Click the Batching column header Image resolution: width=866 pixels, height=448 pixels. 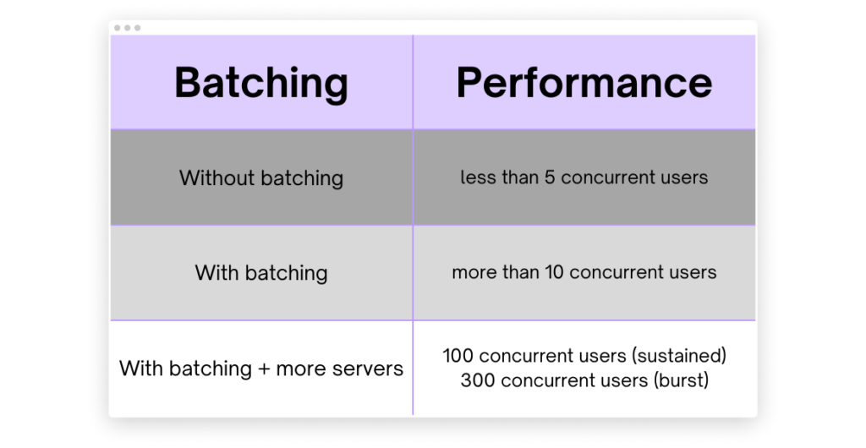pos(261,83)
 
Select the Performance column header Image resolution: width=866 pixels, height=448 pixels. pos(584,82)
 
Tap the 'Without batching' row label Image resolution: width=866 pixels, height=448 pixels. pos(261,178)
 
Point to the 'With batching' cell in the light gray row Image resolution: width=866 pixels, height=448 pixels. pos(261,273)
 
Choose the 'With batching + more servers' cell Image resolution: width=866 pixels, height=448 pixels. pos(261,369)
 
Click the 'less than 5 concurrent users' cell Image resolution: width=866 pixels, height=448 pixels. pos(584,178)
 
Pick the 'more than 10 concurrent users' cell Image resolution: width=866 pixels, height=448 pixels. pos(584,272)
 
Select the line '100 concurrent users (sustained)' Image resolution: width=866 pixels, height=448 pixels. pos(584,356)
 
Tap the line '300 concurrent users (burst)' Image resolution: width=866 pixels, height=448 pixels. pos(584,380)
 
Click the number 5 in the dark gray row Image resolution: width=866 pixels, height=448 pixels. pos(549,178)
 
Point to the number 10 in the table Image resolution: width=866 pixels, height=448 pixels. pos(554,272)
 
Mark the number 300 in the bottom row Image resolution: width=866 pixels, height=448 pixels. pos(478,380)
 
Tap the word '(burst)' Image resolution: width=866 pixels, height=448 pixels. pos(681,380)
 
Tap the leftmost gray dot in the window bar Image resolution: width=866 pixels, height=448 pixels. pos(118,28)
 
